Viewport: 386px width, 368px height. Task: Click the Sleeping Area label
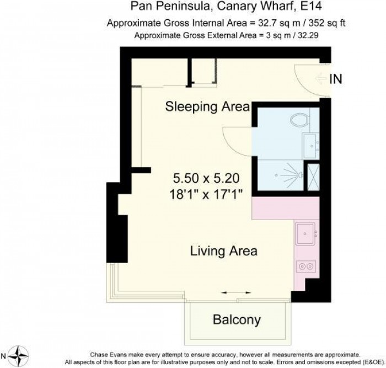click(207, 107)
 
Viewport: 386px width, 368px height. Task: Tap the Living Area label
click(224, 251)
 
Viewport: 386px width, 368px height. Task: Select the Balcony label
click(237, 319)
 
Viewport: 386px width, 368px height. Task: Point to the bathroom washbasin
click(311, 146)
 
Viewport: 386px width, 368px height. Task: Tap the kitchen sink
click(305, 233)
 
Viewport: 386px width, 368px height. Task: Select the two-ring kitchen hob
click(305, 266)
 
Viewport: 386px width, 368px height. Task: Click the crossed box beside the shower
click(313, 177)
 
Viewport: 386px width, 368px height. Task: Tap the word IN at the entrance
click(336, 79)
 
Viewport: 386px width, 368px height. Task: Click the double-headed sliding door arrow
click(236, 292)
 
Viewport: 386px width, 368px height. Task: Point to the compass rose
click(18, 356)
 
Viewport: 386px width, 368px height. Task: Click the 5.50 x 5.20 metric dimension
click(206, 178)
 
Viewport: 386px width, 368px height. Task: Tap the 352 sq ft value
click(326, 23)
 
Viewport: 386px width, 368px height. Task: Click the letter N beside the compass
click(3, 356)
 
